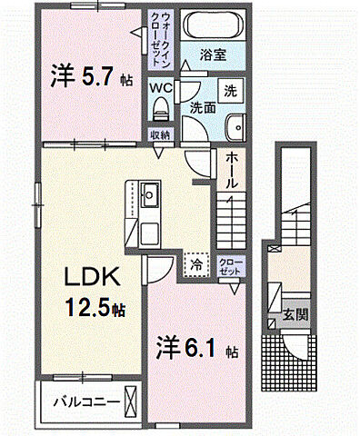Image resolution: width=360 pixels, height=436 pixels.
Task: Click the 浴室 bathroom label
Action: pyautogui.click(x=215, y=54)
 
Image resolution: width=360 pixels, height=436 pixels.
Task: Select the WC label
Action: pyautogui.click(x=160, y=88)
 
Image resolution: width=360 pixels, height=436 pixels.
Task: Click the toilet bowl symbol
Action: pyautogui.click(x=161, y=109)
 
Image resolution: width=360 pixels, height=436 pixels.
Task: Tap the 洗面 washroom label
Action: pyautogui.click(x=201, y=106)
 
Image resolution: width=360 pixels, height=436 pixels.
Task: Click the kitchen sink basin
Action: pyautogui.click(x=150, y=194)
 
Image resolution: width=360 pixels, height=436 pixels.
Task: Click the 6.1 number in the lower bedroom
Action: pyautogui.click(x=195, y=348)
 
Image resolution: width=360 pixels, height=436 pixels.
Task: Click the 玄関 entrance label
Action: pyautogui.click(x=298, y=315)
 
